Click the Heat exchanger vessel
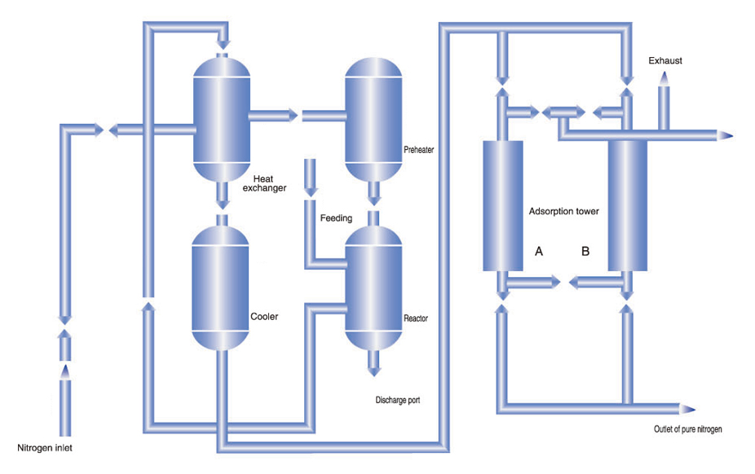(222, 119)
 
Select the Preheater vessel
(373, 119)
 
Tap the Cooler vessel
(220, 288)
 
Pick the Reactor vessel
(373, 288)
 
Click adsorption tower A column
(503, 206)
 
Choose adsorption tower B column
(628, 206)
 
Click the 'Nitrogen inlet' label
(45, 448)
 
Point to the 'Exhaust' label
(665, 60)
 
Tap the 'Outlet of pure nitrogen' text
(687, 429)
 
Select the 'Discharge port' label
(398, 400)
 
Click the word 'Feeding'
(336, 218)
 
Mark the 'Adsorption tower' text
(564, 211)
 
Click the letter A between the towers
(539, 251)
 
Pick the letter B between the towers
(585, 251)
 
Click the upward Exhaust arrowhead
(664, 78)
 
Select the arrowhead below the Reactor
(373, 371)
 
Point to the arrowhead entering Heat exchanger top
(223, 45)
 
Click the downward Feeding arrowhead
(311, 192)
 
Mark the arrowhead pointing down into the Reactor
(373, 200)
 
